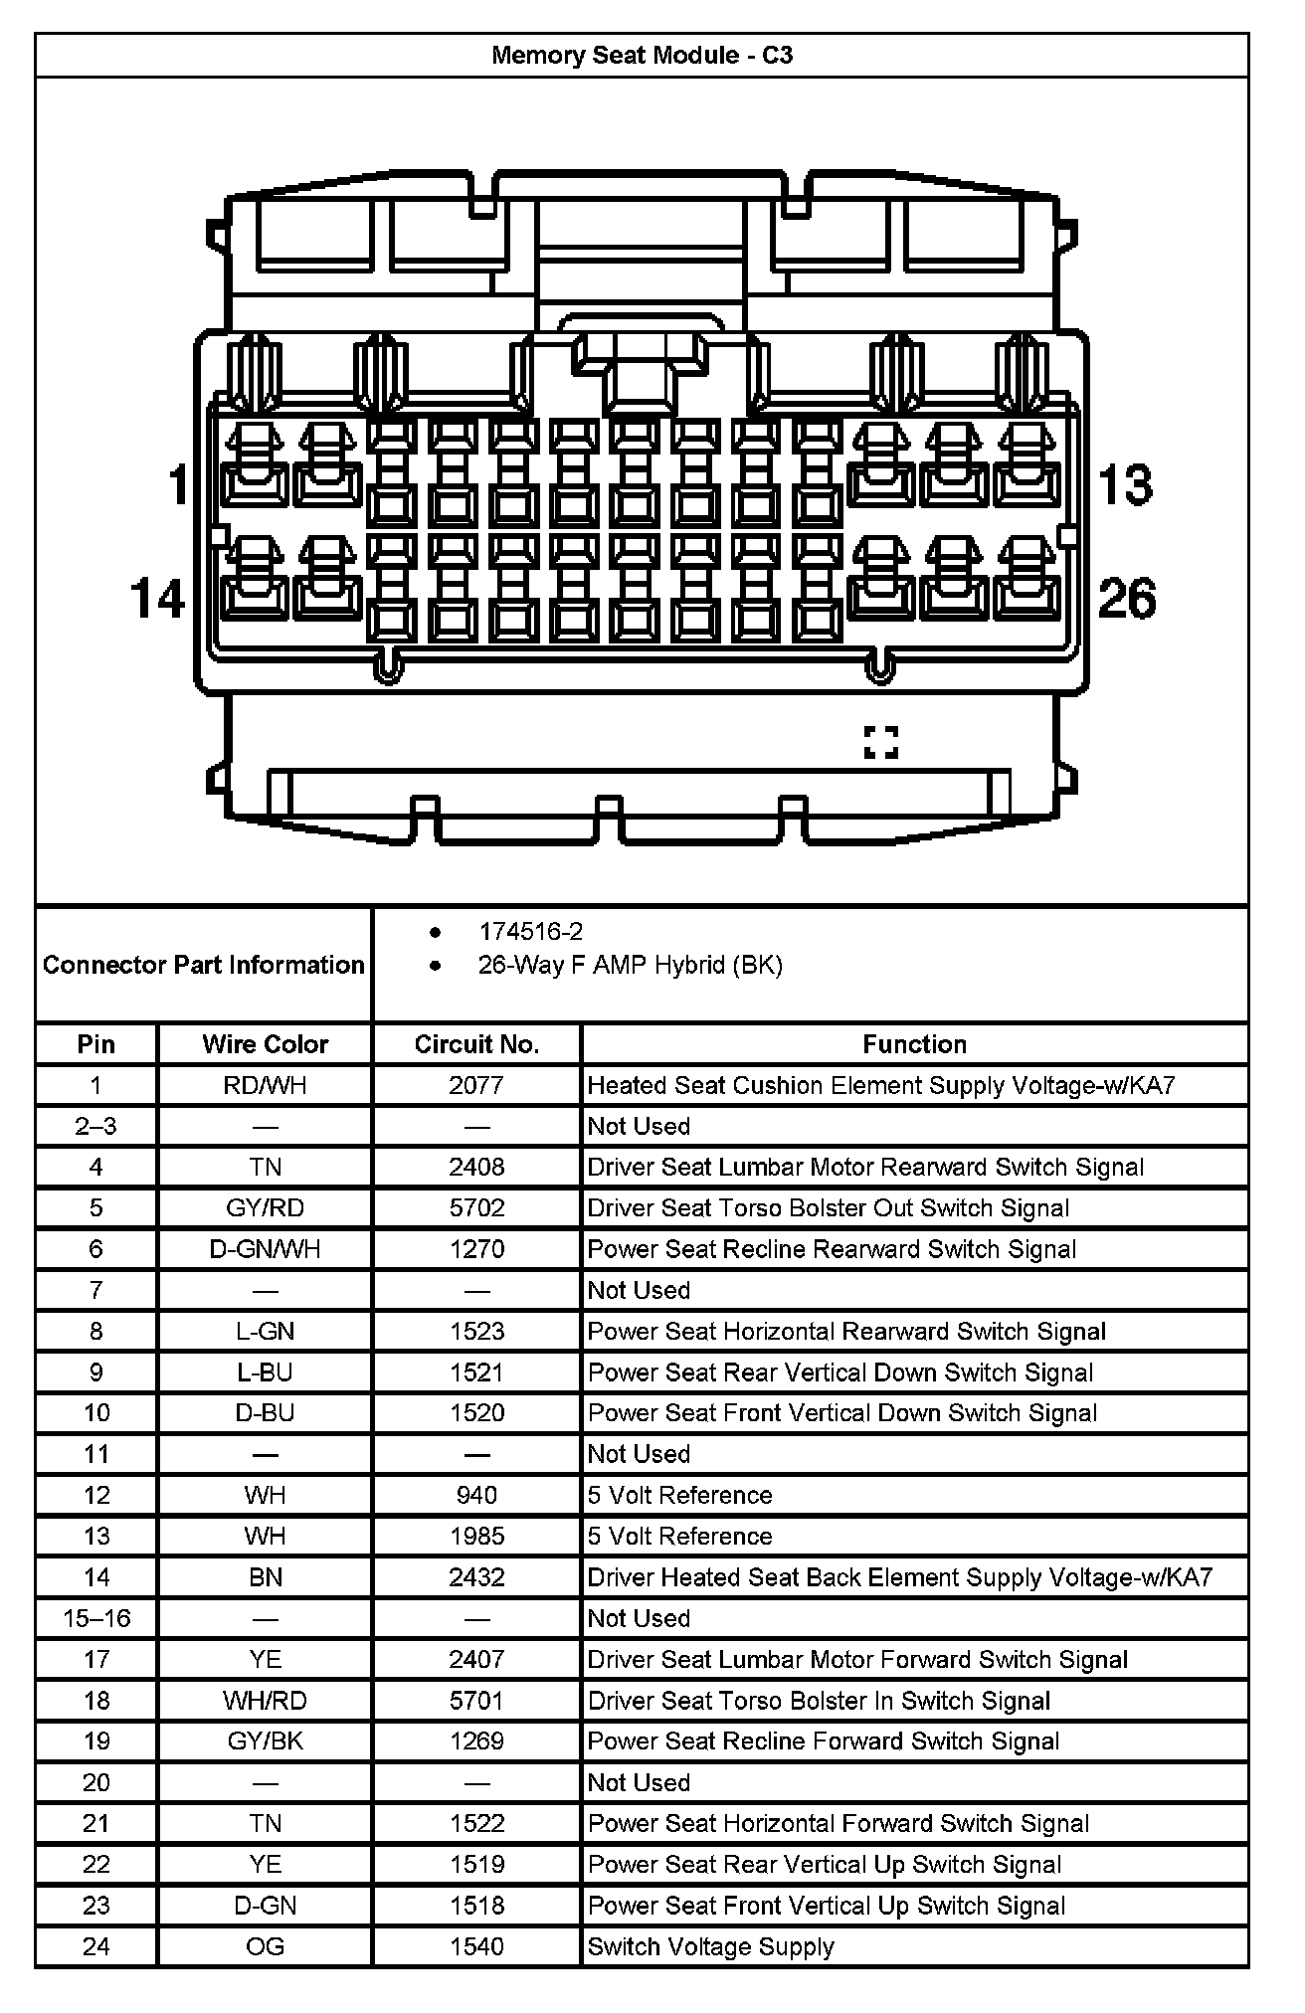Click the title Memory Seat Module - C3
pyautogui.click(x=642, y=56)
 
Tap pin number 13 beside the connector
pyautogui.click(x=1126, y=485)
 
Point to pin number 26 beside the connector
pyautogui.click(x=1127, y=599)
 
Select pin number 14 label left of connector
pyautogui.click(x=158, y=599)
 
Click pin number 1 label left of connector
pyautogui.click(x=178, y=485)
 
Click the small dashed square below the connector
pyautogui.click(x=881, y=742)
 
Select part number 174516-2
pyautogui.click(x=531, y=932)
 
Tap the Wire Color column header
pyautogui.click(x=265, y=1044)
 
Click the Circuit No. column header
pyautogui.click(x=476, y=1044)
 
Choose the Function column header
pyautogui.click(x=914, y=1044)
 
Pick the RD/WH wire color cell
pyautogui.click(x=265, y=1085)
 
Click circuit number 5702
pyautogui.click(x=476, y=1208)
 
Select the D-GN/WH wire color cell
pyautogui.click(x=265, y=1249)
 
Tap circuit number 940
pyautogui.click(x=476, y=1495)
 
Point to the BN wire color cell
pyautogui.click(x=265, y=1577)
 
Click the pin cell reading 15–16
pyautogui.click(x=96, y=1618)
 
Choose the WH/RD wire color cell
pyautogui.click(x=265, y=1701)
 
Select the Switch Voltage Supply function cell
pyautogui.click(x=710, y=1946)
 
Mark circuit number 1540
pyautogui.click(x=476, y=1946)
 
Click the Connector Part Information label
pyautogui.click(x=203, y=965)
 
